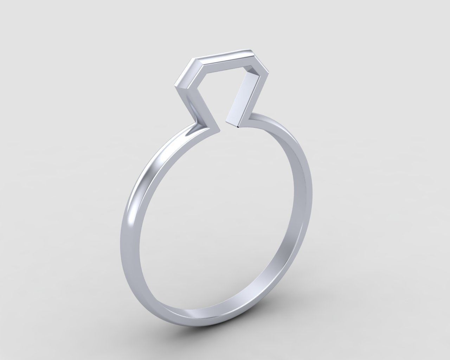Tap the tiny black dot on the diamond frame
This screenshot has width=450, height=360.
pos(239,127)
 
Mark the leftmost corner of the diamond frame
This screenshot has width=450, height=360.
pos(175,86)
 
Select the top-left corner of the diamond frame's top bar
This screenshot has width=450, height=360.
pos(193,59)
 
